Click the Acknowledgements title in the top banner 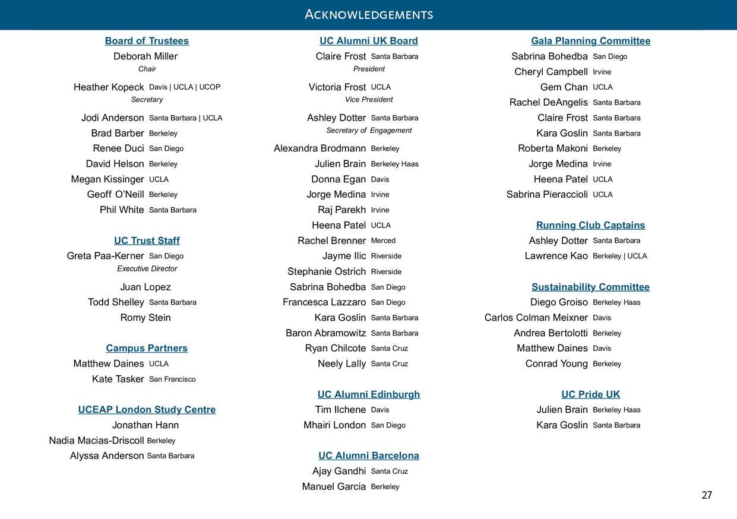pyautogui.click(x=368, y=14)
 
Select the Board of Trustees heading pyautogui.click(x=147, y=41)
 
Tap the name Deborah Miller pyautogui.click(x=145, y=56)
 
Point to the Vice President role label pyautogui.click(x=369, y=100)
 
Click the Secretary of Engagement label pyautogui.click(x=369, y=131)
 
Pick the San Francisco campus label pyautogui.click(x=172, y=379)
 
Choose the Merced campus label pyautogui.click(x=383, y=240)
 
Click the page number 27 pyautogui.click(x=706, y=495)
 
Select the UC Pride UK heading pyautogui.click(x=590, y=394)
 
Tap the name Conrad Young pyautogui.click(x=556, y=363)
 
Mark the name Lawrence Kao pyautogui.click(x=556, y=256)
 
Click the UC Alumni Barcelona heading pyautogui.click(x=368, y=455)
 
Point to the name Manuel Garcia pyautogui.click(x=334, y=486)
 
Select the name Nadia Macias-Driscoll pyautogui.click(x=96, y=441)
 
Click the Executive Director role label pyautogui.click(x=147, y=269)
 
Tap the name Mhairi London pyautogui.click(x=334, y=425)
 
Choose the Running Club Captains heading pyautogui.click(x=590, y=225)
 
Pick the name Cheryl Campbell pyautogui.click(x=551, y=72)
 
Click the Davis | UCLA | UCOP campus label pyautogui.click(x=185, y=87)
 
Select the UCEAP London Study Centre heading pyautogui.click(x=147, y=410)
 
